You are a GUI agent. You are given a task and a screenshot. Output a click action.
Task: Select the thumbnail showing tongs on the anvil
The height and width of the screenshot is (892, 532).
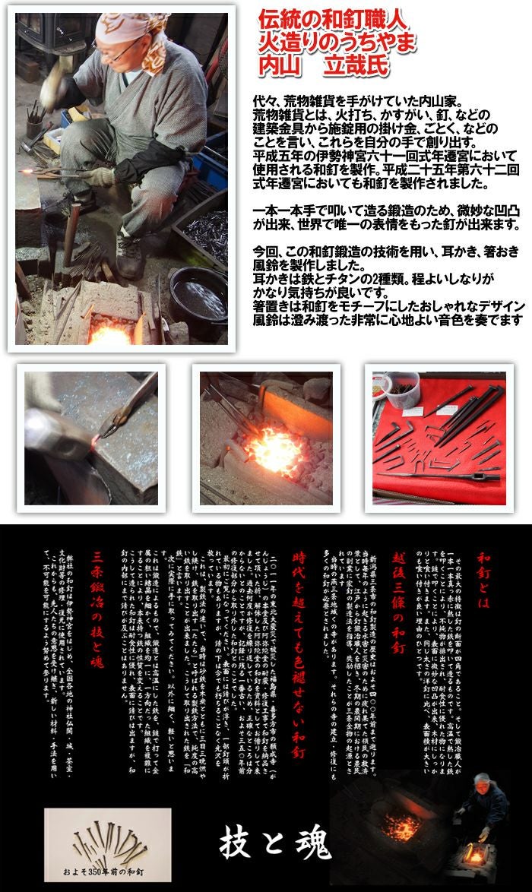(x=90, y=437)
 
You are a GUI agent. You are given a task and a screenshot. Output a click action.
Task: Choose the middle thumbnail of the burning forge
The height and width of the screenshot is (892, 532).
(x=265, y=437)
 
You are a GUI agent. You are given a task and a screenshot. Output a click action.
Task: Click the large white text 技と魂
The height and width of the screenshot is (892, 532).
(x=275, y=843)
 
